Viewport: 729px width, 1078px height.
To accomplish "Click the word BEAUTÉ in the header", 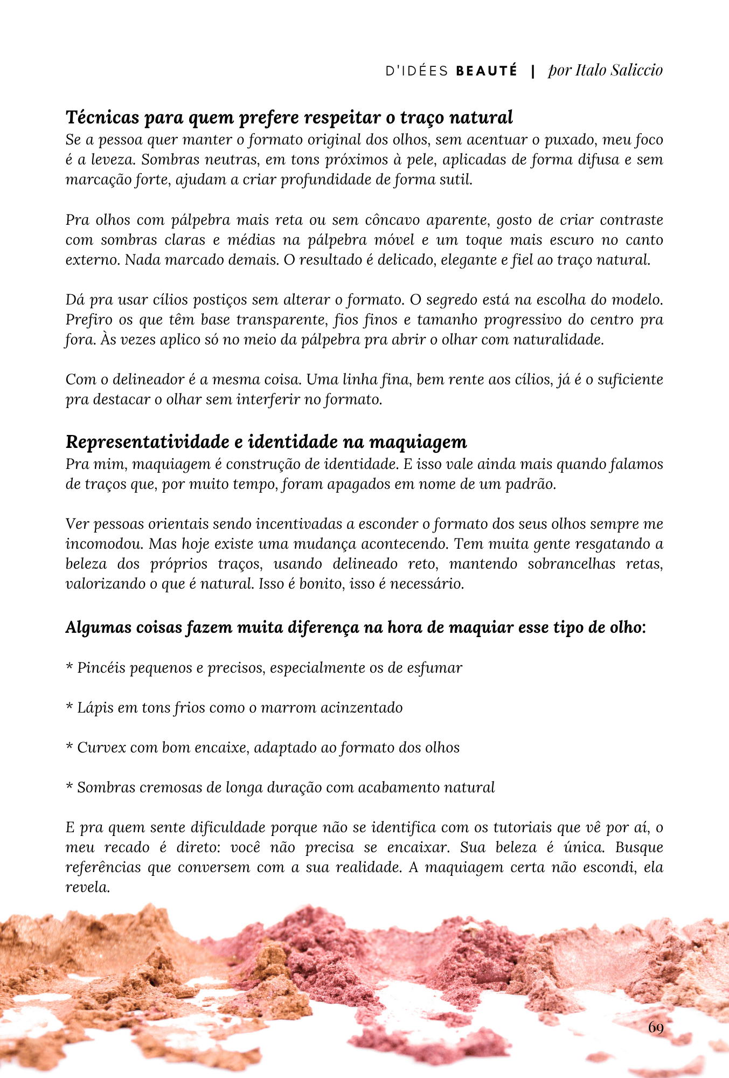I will point(486,71).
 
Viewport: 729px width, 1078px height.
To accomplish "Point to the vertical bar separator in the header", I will point(533,71).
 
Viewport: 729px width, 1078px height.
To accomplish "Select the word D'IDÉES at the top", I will point(417,71).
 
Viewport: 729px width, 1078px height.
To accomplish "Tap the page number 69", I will point(656,1027).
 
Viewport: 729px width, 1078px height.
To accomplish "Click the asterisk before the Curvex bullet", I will point(69,747).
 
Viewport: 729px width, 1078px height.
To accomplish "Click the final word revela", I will point(87,887).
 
